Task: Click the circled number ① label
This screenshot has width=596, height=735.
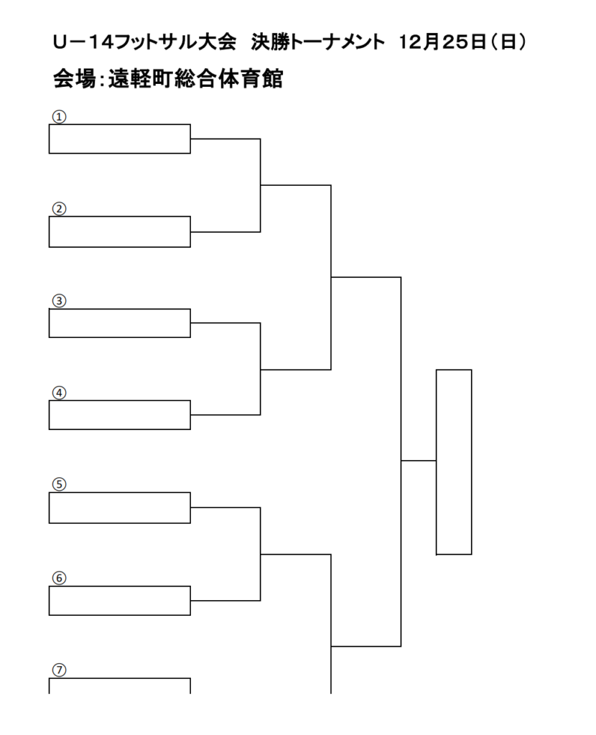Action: click(59, 117)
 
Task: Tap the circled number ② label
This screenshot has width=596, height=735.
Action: click(59, 209)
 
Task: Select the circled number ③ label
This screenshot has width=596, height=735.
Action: click(59, 301)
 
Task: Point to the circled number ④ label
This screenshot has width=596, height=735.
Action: click(59, 393)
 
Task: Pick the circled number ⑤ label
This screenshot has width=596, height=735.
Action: click(59, 484)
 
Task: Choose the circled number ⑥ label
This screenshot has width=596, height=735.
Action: click(59, 578)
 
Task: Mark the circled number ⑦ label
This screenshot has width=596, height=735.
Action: click(59, 670)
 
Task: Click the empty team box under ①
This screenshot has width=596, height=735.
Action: click(120, 139)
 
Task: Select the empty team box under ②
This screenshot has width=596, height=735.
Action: click(120, 232)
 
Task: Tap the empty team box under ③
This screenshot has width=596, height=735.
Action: click(120, 323)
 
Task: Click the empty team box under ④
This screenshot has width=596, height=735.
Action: click(120, 415)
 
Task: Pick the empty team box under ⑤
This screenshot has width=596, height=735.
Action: click(120, 507)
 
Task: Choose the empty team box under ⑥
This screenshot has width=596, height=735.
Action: click(120, 601)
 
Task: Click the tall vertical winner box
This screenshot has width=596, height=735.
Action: click(454, 462)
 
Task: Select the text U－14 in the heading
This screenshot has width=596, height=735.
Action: click(83, 42)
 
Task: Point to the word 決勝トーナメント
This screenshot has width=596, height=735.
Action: click(317, 42)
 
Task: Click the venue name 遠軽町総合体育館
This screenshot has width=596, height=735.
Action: click(195, 79)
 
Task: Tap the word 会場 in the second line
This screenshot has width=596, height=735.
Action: click(74, 79)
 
